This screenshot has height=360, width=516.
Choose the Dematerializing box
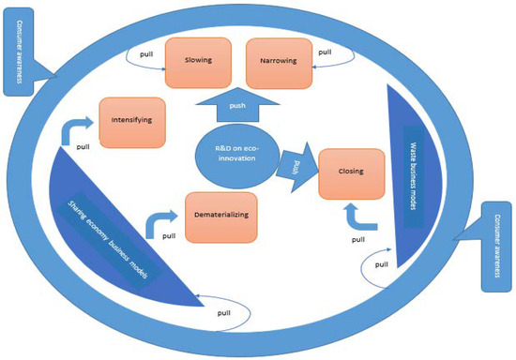222,217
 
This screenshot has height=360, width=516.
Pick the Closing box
353,172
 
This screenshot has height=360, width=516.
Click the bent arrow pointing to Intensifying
78,129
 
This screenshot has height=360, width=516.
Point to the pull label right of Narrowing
325,52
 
